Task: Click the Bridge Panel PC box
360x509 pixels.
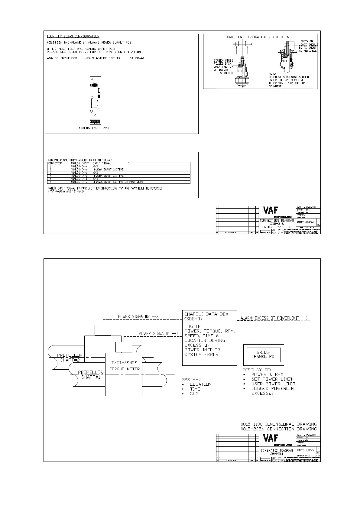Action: (264, 354)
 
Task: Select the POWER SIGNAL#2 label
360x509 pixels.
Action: (138, 316)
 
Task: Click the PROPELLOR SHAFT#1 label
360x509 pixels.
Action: (91, 374)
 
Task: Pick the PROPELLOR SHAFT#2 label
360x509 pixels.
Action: (70, 358)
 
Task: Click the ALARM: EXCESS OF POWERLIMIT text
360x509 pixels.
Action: (274, 318)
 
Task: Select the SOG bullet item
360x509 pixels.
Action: (194, 394)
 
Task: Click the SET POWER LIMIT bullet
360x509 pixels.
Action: (272, 379)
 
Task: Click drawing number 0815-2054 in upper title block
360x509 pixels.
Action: (305, 222)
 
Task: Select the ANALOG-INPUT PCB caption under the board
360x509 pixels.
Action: (93, 128)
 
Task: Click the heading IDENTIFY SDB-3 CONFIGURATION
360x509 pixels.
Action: (73, 36)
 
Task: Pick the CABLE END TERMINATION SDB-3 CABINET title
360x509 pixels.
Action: (260, 37)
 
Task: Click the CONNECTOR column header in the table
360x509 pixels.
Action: (55, 163)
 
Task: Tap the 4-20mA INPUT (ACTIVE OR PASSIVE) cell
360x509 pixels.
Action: (118, 182)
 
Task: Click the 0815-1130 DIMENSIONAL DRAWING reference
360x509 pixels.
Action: (278, 424)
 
